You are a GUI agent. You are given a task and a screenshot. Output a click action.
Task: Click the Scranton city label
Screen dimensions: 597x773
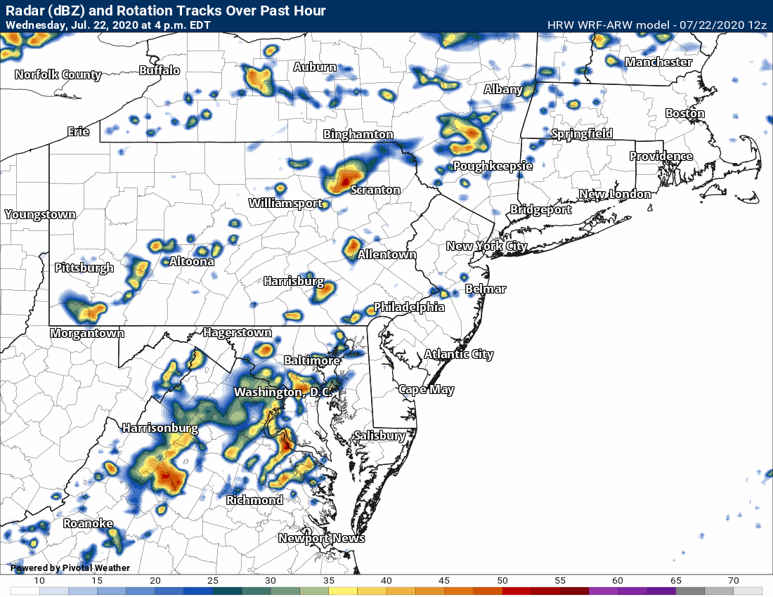(x=375, y=190)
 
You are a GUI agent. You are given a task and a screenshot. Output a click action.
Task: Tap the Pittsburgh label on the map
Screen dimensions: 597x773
(x=84, y=268)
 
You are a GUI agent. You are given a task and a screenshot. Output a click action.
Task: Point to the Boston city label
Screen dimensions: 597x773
(x=684, y=113)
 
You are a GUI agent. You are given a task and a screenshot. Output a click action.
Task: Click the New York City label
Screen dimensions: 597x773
(x=486, y=246)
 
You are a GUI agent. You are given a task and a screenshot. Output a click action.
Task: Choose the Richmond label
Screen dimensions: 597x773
(x=254, y=500)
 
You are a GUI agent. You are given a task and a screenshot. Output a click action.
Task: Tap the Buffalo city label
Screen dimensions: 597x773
(x=160, y=70)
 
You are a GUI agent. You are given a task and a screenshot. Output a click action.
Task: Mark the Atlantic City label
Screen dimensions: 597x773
(x=459, y=355)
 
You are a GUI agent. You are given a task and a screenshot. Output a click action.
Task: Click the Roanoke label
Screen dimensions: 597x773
(x=88, y=524)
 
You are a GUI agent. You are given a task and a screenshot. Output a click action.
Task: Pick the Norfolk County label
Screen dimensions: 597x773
(x=58, y=74)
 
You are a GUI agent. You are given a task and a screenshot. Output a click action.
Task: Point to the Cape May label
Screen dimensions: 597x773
(x=427, y=390)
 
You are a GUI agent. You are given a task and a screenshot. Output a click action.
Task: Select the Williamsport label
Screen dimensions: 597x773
(x=285, y=204)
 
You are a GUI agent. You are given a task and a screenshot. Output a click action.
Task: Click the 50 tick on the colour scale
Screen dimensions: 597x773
(x=503, y=580)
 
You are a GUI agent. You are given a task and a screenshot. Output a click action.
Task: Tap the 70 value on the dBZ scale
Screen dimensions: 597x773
(x=734, y=580)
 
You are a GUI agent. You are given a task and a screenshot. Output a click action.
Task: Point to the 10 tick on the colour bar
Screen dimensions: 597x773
(x=39, y=580)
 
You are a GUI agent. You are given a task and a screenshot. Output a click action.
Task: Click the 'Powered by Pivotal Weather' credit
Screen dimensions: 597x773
(x=70, y=568)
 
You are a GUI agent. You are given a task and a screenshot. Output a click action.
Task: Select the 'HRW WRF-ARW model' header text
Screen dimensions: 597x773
(x=609, y=25)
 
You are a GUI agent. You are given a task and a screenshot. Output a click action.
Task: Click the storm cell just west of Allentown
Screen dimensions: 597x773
(x=352, y=247)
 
